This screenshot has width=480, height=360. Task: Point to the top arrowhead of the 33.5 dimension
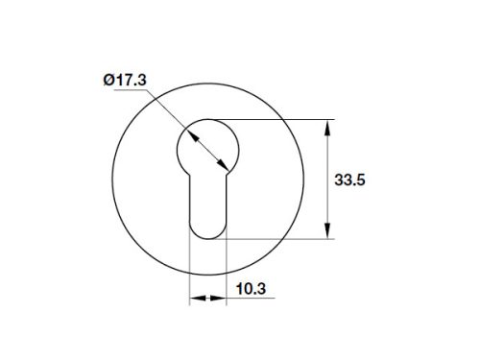click(330, 126)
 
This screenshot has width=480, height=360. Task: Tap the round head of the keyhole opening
click(207, 144)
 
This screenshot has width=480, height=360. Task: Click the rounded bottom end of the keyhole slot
click(206, 230)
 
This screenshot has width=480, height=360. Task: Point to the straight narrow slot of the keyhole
click(206, 202)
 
